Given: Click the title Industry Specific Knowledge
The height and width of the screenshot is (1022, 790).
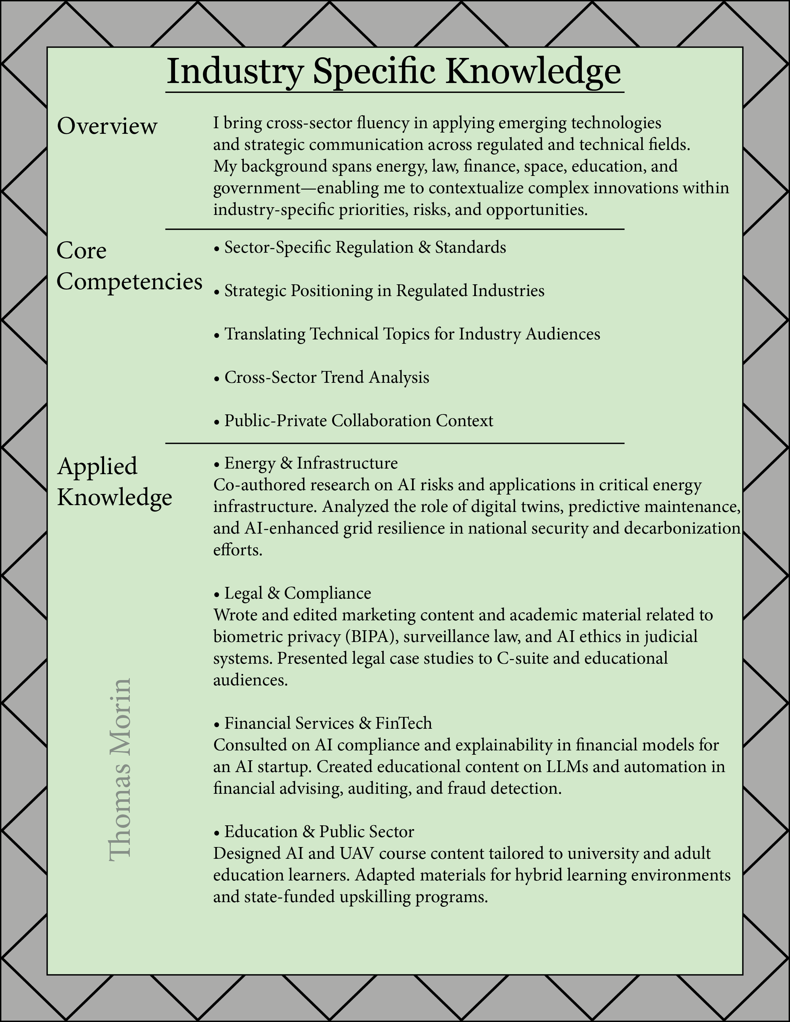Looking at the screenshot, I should (394, 71).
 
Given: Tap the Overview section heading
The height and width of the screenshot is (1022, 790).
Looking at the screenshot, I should (107, 126).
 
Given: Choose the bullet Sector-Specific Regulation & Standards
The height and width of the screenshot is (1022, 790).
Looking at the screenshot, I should (360, 247).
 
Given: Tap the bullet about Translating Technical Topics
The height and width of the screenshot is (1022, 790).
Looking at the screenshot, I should (407, 334).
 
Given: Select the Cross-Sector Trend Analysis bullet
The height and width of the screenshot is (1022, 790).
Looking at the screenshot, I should (322, 378).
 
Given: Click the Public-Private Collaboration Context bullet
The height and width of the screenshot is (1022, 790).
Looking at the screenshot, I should (353, 421).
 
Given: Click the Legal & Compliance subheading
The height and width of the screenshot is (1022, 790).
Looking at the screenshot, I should (292, 593).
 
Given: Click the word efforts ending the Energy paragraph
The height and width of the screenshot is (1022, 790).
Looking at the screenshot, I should (238, 550).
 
